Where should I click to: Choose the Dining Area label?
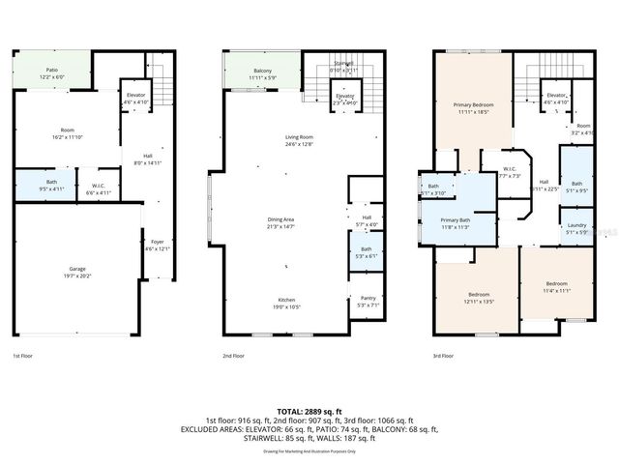(x=281, y=222)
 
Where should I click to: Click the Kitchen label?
(x=285, y=303)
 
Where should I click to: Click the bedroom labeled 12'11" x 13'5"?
(x=478, y=298)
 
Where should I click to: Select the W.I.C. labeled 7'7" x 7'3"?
(x=511, y=173)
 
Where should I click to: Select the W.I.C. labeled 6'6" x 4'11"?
(x=99, y=189)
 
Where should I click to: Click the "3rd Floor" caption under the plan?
(x=443, y=357)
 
